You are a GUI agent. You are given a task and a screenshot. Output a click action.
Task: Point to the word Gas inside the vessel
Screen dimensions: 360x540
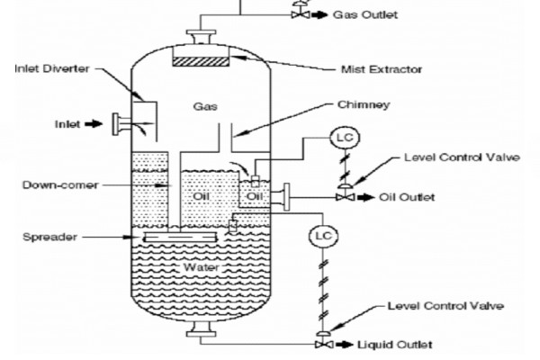tap(204, 106)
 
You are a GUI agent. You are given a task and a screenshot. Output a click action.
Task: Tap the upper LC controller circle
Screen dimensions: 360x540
tap(343, 139)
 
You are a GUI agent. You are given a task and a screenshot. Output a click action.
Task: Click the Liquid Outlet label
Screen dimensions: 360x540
tap(394, 345)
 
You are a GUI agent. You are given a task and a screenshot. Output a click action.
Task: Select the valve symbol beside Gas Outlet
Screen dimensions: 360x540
tap(297, 15)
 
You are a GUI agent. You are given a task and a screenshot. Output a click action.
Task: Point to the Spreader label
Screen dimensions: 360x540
tap(47, 237)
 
